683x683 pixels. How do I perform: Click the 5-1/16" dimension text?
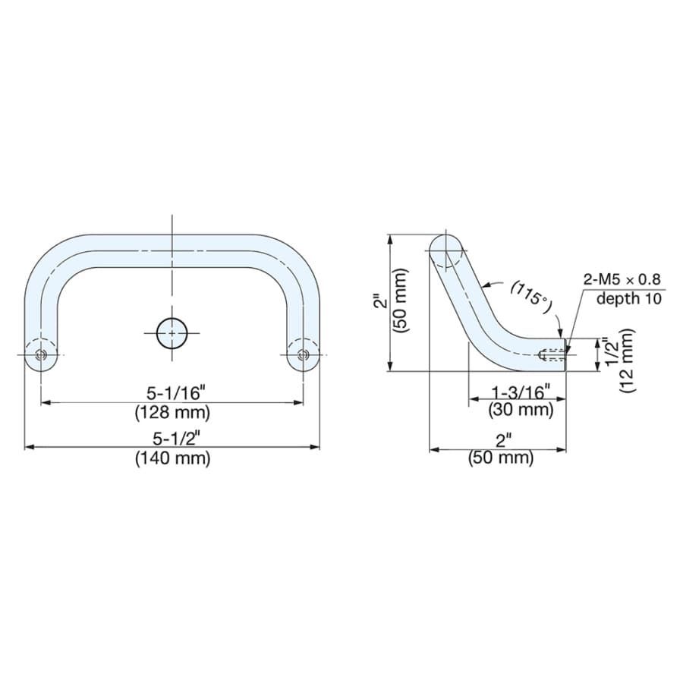point(175,393)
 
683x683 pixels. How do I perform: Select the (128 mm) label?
point(172,412)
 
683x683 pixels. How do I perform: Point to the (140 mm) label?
point(172,458)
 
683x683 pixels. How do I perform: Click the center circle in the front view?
point(172,333)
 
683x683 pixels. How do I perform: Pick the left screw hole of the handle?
point(41,355)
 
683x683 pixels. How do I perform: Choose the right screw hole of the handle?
point(303,355)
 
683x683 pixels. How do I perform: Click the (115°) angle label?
point(530,297)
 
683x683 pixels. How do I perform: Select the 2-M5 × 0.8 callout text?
point(622,279)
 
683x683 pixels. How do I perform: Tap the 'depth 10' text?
point(629,299)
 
